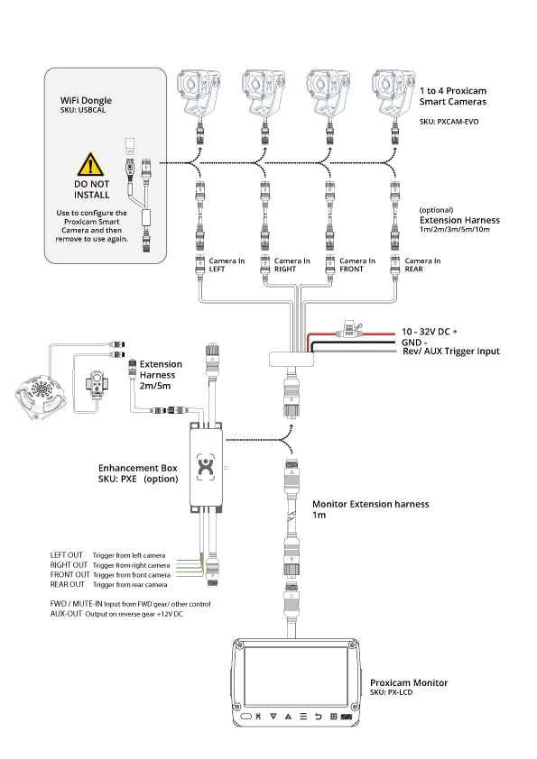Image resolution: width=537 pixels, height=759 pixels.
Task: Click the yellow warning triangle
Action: pos(90,165)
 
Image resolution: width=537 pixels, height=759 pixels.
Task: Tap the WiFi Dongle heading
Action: pos(86,100)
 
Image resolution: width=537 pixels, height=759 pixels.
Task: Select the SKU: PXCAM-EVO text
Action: pos(449,122)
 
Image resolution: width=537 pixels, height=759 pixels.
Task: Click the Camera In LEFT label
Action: pos(227,265)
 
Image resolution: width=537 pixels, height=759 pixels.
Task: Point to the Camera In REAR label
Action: pos(422,265)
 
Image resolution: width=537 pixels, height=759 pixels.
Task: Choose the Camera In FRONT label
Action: pos(357,265)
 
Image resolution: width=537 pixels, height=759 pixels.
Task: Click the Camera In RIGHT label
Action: pos(292,265)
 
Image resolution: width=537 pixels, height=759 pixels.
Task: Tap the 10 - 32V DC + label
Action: pos(430,332)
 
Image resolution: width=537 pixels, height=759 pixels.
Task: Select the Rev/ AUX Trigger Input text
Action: pos(451,352)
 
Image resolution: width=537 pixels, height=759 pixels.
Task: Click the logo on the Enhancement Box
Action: pos(206,467)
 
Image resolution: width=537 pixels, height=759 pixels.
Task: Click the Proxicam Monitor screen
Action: pos(296,676)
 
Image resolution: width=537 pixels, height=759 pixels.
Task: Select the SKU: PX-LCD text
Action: pos(391,692)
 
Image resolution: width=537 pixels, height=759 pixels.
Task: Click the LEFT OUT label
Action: pos(67,555)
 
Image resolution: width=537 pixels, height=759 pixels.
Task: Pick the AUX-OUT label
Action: pos(66,614)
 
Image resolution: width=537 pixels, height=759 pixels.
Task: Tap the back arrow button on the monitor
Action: pos(318,717)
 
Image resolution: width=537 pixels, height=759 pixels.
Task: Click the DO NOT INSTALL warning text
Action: pos(91,189)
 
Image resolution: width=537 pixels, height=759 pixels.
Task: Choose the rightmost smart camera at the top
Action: pos(393,94)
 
